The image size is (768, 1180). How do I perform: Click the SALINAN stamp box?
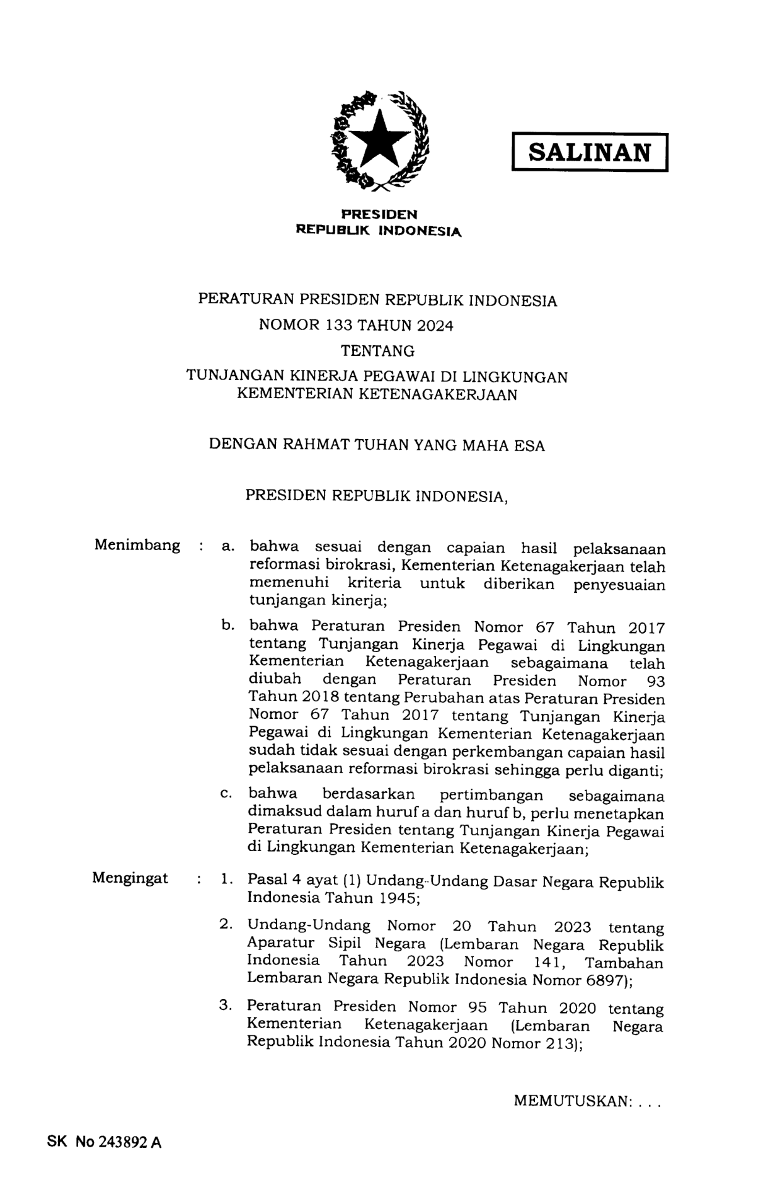(x=589, y=152)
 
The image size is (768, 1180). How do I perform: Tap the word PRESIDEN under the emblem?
(x=379, y=215)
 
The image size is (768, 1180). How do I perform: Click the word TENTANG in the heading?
(x=377, y=350)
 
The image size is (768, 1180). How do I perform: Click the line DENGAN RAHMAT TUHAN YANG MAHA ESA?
(x=377, y=445)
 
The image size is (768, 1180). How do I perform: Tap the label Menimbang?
(x=137, y=545)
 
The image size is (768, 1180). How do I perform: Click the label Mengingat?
(x=130, y=878)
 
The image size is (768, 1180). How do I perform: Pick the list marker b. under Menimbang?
(x=228, y=626)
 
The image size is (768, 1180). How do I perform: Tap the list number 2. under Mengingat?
(x=226, y=925)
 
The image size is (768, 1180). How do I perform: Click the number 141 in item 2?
(x=547, y=963)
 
